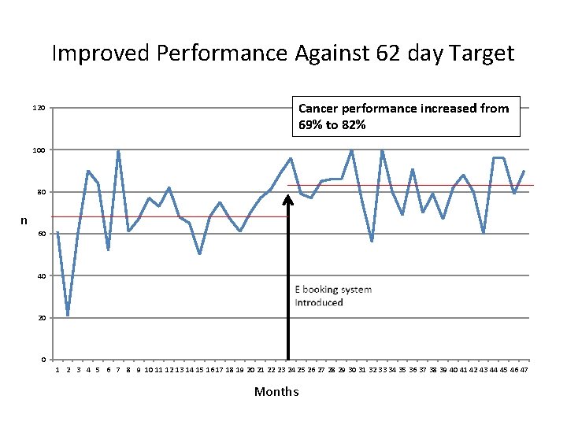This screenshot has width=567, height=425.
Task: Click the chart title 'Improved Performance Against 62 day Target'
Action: click(283, 54)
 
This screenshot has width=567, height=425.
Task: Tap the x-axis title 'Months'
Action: click(276, 392)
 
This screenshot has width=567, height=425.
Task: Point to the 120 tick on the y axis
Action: click(39, 108)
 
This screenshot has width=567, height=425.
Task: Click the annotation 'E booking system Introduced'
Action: click(332, 296)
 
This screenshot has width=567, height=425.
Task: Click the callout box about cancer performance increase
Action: click(406, 116)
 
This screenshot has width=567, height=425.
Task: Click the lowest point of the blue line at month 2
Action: click(68, 315)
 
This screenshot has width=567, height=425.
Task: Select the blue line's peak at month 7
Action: click(118, 150)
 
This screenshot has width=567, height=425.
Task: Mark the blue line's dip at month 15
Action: click(199, 253)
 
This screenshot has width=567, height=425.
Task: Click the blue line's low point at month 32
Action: click(372, 241)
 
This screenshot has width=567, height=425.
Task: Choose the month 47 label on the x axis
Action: click(523, 370)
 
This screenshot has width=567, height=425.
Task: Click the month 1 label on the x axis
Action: click(57, 370)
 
